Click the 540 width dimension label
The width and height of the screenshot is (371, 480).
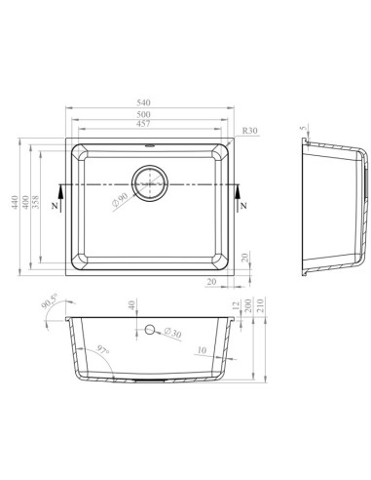pyautogui.click(x=143, y=102)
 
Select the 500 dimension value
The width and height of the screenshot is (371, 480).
pyautogui.click(x=143, y=114)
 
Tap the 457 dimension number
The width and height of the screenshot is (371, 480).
pyautogui.click(x=143, y=124)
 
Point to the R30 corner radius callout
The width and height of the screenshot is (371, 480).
pyautogui.click(x=250, y=131)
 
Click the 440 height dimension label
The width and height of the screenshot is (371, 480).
pyautogui.click(x=15, y=202)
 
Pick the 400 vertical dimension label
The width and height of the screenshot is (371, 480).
pyautogui.click(x=25, y=202)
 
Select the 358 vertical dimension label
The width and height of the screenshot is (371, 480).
pyautogui.click(x=35, y=202)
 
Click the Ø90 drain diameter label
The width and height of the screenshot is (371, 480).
pyautogui.click(x=120, y=201)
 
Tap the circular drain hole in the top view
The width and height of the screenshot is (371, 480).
pyautogui.click(x=150, y=183)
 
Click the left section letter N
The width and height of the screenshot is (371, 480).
pyautogui.click(x=55, y=206)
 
